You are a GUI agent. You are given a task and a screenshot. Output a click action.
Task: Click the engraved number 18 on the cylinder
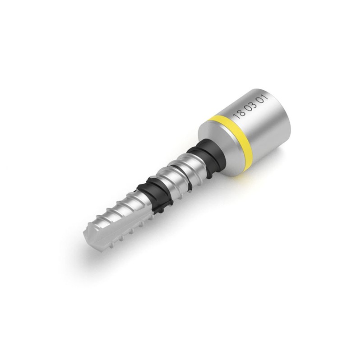(239, 113)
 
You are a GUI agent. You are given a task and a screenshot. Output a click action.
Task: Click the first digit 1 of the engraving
(236, 115)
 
